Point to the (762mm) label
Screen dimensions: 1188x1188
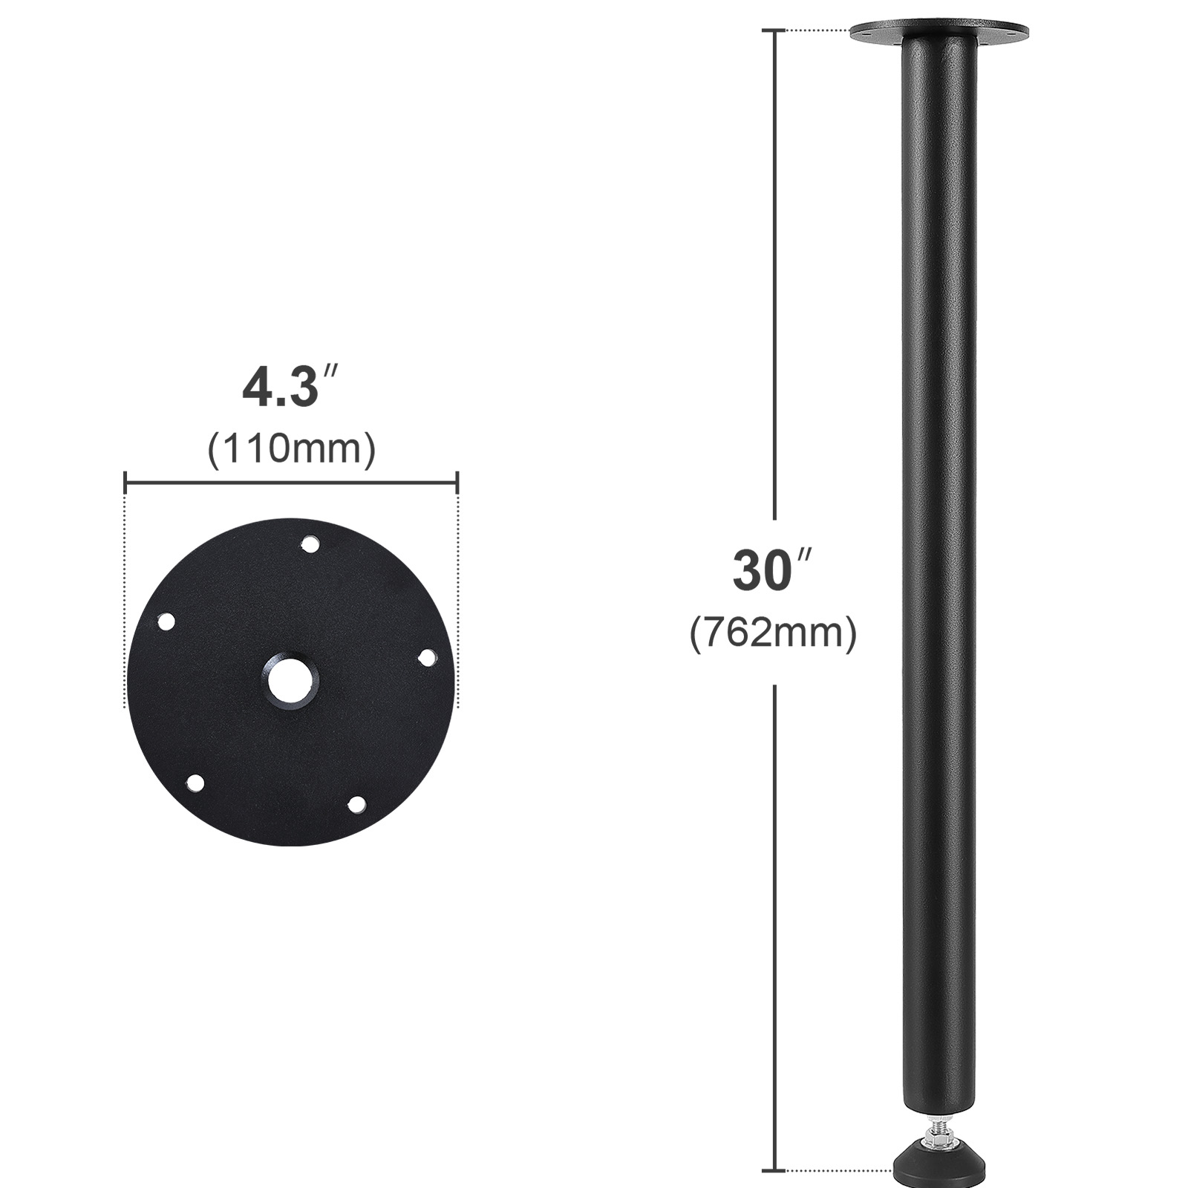click(x=773, y=633)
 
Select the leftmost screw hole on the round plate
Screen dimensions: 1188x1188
click(x=166, y=621)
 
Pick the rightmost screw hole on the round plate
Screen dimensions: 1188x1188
click(x=428, y=658)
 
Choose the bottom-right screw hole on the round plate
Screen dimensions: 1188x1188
click(x=357, y=803)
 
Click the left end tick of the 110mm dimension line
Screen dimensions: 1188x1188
click(x=125, y=483)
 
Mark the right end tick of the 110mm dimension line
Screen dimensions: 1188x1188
click(x=457, y=483)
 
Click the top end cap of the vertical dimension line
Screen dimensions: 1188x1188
click(x=775, y=31)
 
